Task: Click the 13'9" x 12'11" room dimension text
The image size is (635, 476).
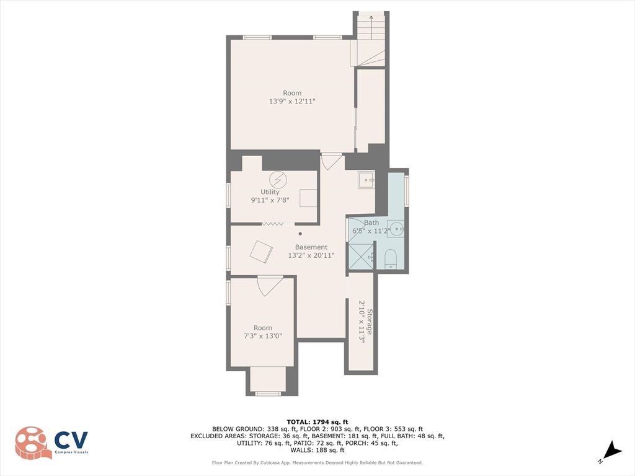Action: (292, 101)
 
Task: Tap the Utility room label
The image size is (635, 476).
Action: (270, 192)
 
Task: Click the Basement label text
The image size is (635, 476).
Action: (311, 247)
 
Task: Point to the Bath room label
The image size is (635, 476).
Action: (371, 223)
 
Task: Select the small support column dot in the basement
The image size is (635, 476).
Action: (300, 234)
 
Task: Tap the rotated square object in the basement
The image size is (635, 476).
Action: (261, 252)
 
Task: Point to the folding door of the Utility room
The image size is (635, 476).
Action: (273, 224)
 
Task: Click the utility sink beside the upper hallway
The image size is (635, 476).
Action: (366, 180)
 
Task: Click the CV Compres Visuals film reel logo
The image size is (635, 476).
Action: (33, 443)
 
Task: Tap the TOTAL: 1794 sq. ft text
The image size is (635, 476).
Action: (317, 421)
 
